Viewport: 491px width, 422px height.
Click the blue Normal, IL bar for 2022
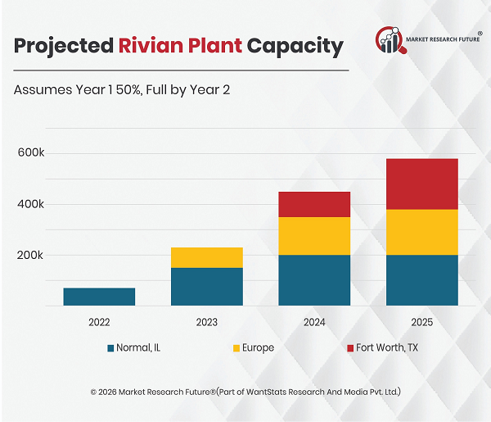coord(99,297)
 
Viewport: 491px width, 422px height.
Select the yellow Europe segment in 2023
coord(206,257)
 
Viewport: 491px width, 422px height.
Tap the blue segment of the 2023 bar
coord(206,287)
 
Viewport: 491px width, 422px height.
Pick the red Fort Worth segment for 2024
coord(314,204)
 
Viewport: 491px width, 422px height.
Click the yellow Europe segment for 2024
coord(314,236)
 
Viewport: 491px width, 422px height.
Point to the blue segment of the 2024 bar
coord(314,280)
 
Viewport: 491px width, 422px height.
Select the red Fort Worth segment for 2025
coord(421,184)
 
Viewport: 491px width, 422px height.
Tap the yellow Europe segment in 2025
coord(421,232)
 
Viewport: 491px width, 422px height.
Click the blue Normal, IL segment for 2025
coord(421,280)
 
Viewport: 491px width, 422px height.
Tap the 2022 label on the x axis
coord(99,323)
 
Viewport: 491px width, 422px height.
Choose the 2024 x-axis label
coord(314,323)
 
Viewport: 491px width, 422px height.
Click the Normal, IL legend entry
coord(133,348)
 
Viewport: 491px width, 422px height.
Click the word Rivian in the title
coord(147,45)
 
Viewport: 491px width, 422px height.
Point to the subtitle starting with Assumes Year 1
coord(122,89)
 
